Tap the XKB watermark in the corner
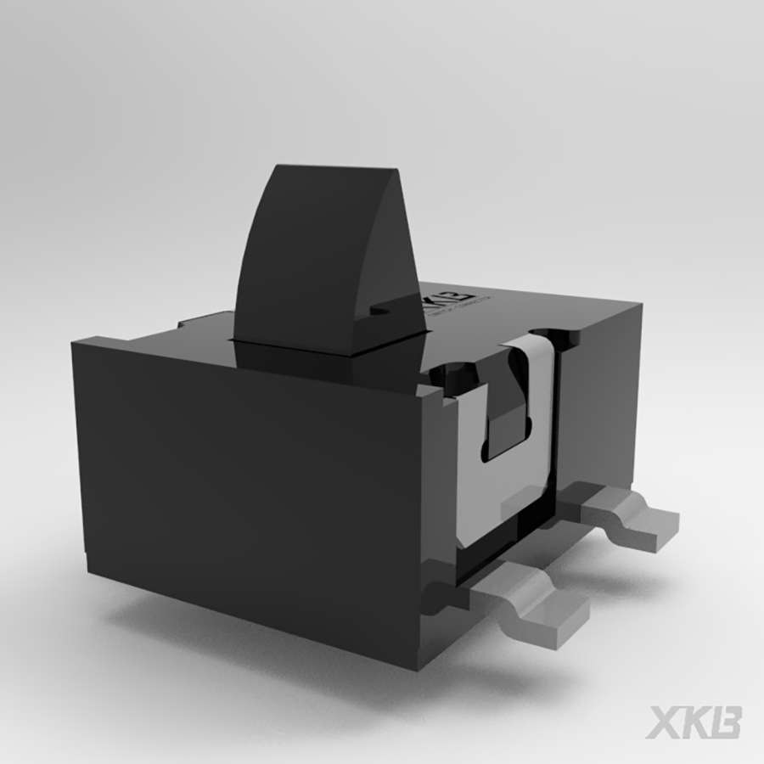(693, 723)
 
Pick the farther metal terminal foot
(628, 513)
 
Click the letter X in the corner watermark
(662, 723)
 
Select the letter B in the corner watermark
(724, 723)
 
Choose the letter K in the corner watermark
(693, 723)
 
